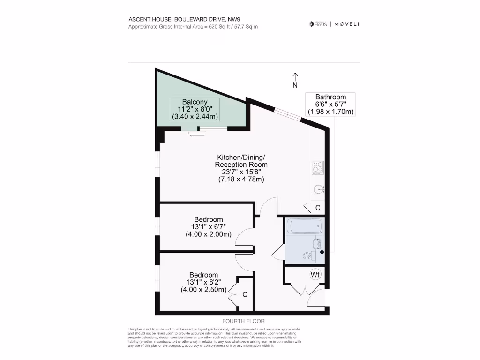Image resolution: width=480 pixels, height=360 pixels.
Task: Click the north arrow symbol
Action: coord(295,80)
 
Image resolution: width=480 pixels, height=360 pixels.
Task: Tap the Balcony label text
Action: coord(195,102)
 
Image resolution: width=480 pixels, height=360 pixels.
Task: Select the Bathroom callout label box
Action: coord(330,104)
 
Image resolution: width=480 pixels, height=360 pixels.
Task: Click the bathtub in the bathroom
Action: coord(304,227)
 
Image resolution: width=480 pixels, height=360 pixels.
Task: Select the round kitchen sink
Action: coord(319,189)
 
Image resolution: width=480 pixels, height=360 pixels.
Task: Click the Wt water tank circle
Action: coord(315,274)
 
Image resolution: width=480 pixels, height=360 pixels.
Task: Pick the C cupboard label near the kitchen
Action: coord(317,208)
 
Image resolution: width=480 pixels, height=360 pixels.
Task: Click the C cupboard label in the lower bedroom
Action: coord(245,294)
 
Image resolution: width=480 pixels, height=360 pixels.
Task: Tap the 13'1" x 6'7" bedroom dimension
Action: coord(209,227)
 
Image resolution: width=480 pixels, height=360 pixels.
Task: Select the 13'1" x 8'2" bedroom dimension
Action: coord(203,282)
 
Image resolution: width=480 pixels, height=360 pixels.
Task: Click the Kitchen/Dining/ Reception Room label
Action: coord(241,161)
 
